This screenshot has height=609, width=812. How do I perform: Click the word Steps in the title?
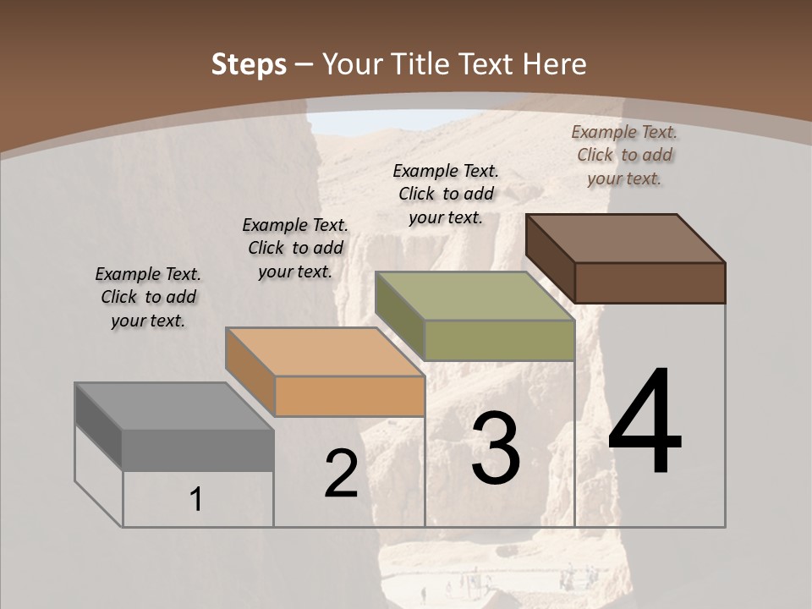[x=249, y=64]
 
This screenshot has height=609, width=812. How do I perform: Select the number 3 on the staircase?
[x=496, y=449]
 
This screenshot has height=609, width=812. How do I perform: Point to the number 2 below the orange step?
[x=341, y=475]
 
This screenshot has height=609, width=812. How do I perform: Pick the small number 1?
[x=196, y=499]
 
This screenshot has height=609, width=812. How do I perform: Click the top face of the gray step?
[x=174, y=406]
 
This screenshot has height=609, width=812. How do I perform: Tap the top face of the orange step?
[x=325, y=351]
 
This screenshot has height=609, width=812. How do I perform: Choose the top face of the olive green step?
[x=475, y=296]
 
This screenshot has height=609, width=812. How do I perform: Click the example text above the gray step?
[x=148, y=297]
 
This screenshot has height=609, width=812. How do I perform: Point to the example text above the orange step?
[x=295, y=248]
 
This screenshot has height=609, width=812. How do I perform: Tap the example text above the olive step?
[x=446, y=194]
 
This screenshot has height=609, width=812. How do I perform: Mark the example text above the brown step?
[x=624, y=155]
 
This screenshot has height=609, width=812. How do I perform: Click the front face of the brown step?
[x=650, y=283]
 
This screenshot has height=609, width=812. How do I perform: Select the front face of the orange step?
[x=349, y=396]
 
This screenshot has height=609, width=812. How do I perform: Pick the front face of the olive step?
[x=499, y=341]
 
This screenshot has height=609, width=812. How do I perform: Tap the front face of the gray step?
[x=198, y=450]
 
